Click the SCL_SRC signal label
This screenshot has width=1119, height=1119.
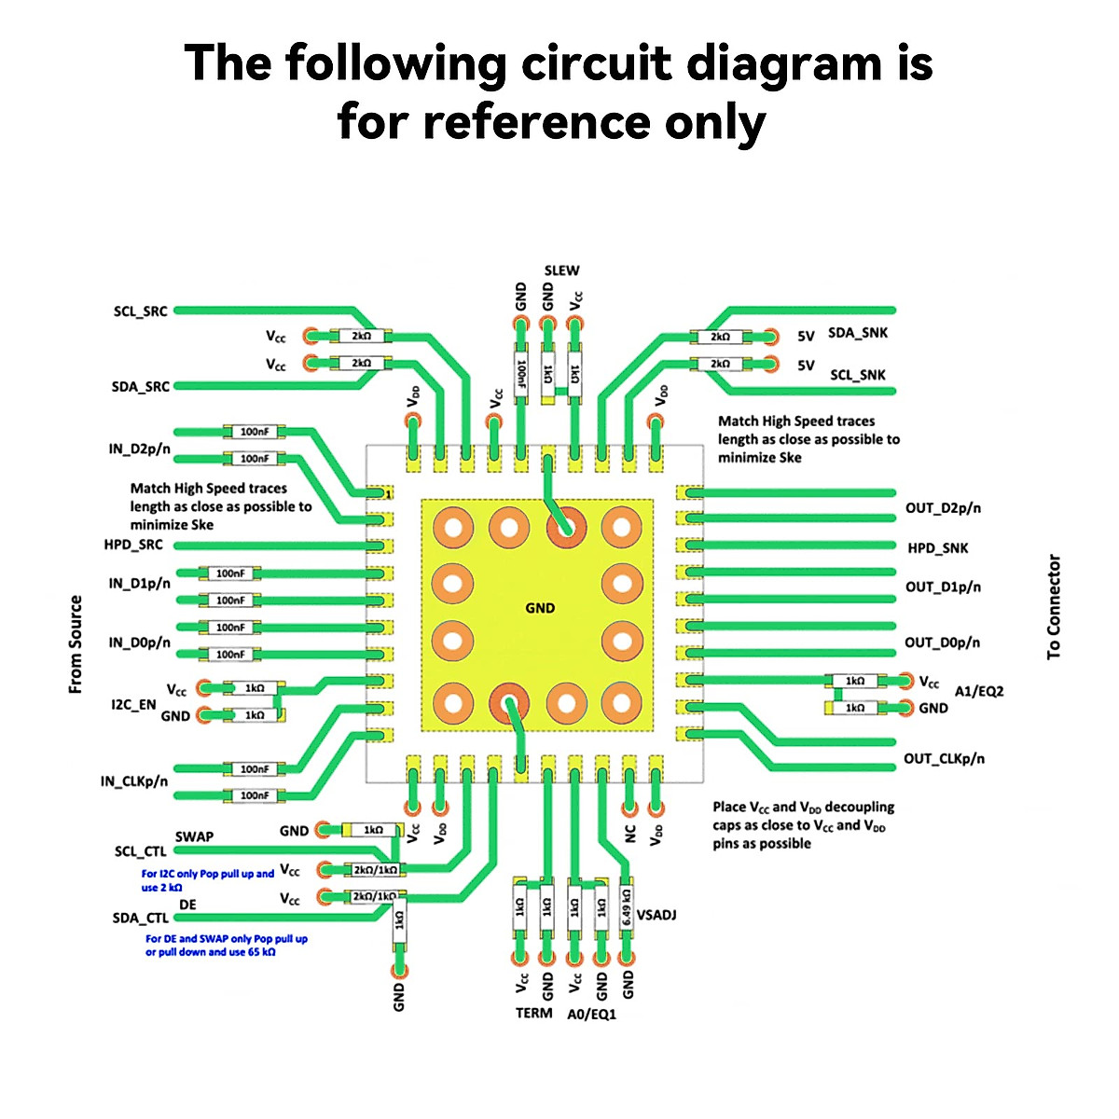[140, 311]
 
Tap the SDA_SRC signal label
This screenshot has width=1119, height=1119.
[140, 387]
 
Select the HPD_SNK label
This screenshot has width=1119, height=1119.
[937, 548]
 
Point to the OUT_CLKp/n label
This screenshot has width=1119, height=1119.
[944, 759]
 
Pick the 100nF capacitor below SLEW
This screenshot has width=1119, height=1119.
[521, 375]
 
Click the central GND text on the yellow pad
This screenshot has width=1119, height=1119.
[540, 608]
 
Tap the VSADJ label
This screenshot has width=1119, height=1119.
[656, 915]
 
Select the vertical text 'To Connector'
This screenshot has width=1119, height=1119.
[1054, 608]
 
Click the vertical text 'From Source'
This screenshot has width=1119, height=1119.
[76, 644]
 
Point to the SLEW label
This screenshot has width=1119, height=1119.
[561, 270]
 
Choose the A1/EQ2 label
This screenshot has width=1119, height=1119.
[979, 691]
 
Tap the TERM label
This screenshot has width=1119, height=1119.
[533, 1013]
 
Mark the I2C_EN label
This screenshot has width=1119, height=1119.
[133, 705]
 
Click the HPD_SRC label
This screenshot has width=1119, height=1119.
[132, 545]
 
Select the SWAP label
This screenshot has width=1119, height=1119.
[194, 836]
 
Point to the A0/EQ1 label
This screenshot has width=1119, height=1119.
[591, 1014]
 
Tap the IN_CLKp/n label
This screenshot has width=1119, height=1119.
[134, 781]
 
